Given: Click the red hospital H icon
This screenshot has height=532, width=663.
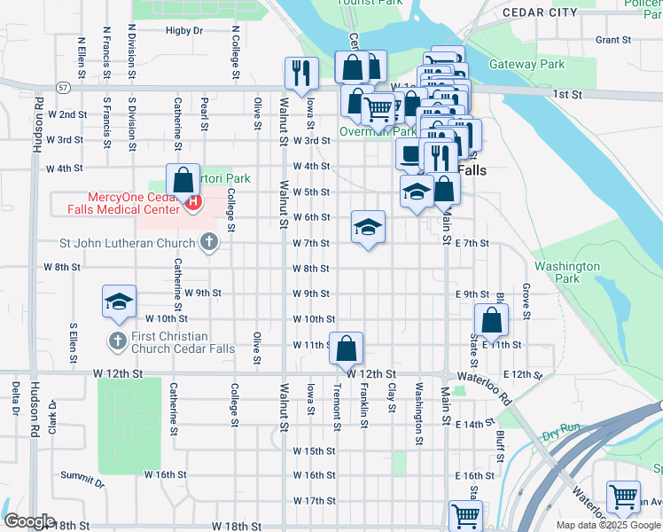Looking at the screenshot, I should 192,203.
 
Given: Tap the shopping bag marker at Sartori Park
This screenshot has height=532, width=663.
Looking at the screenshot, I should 182,180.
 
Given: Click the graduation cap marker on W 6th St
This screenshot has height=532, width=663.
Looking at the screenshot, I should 368,226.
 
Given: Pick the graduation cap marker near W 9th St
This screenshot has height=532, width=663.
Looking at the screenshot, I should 119,301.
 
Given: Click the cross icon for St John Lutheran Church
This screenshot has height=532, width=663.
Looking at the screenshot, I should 208,242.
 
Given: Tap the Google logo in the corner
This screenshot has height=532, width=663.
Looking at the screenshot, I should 29,521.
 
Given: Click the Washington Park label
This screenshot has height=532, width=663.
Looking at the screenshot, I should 567,272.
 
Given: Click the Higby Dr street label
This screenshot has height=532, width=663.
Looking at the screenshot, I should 184,30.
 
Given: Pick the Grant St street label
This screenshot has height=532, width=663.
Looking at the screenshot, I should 612,40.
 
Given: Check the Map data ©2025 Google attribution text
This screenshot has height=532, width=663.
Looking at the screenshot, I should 607,525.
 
